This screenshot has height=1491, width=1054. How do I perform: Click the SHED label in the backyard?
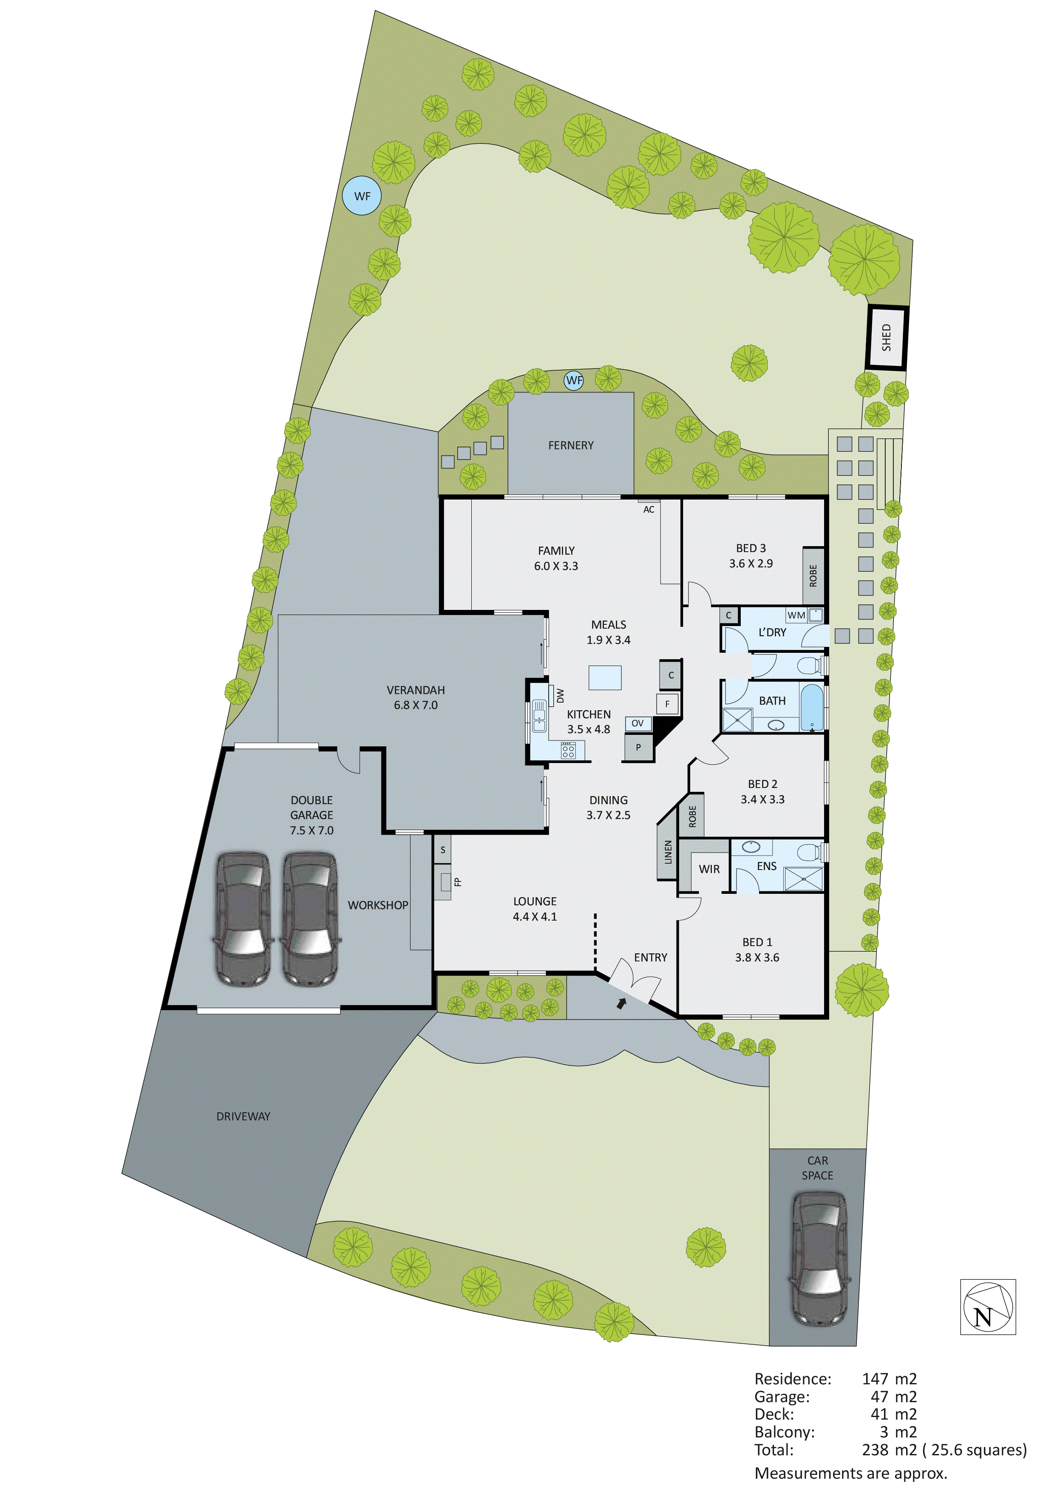tap(887, 337)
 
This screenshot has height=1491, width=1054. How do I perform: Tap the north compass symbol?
tap(987, 1307)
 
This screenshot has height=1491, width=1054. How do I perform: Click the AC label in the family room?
tap(649, 510)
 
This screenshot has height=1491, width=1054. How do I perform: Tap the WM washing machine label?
tap(796, 615)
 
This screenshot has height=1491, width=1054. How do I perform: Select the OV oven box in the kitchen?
tap(638, 723)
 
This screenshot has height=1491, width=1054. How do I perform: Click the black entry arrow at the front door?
tap(621, 1004)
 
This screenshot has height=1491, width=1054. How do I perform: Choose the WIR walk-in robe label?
tap(709, 869)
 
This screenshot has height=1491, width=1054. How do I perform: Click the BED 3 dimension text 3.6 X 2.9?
tap(751, 564)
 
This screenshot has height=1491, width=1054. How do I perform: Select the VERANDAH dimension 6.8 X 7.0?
tap(416, 705)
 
